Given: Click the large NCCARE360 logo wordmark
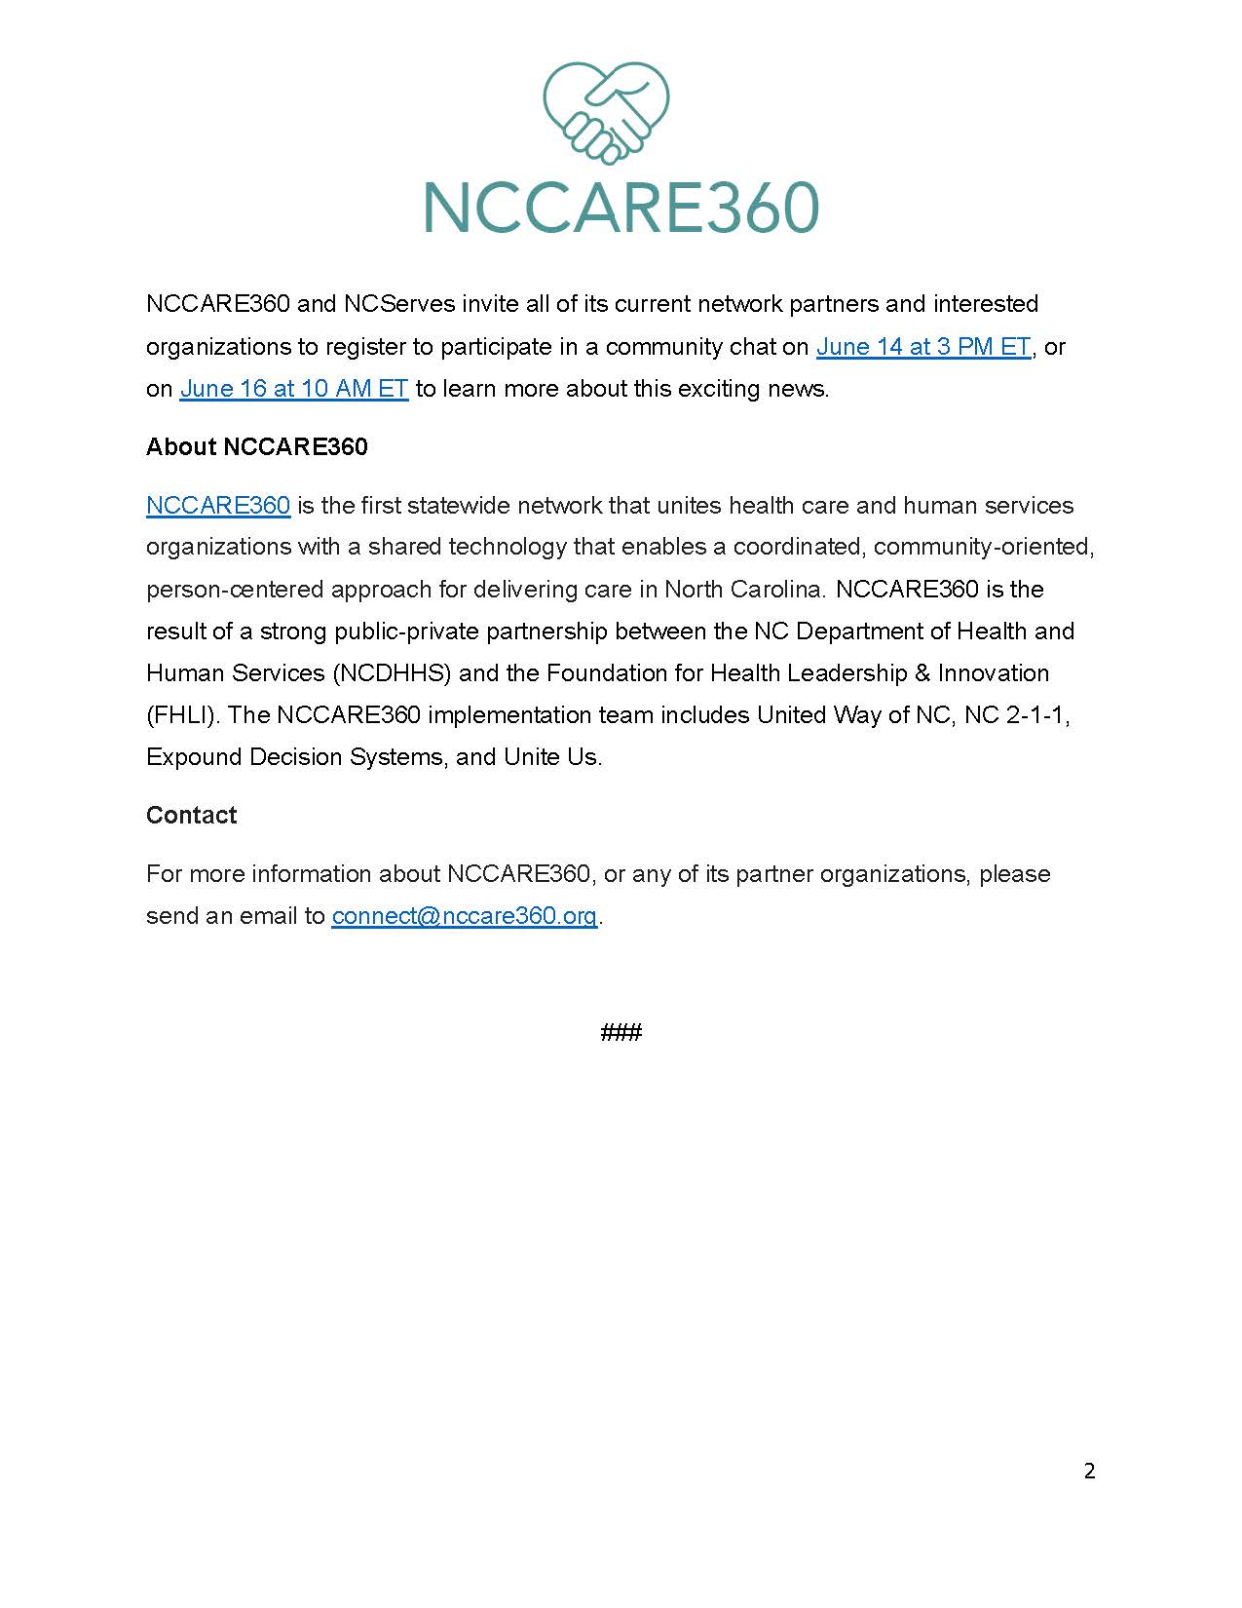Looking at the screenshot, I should [621, 207].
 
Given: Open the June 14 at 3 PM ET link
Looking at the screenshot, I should [922, 347].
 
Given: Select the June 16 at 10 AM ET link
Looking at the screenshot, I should [293, 389].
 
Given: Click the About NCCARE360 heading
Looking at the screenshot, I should [256, 447].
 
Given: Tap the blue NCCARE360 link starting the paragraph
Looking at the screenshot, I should [218, 506].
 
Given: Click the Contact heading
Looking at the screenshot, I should [191, 816].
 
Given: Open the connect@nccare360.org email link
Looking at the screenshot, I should [464, 916].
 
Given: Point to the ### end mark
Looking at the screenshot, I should [621, 1032].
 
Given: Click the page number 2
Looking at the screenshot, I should [1089, 1471].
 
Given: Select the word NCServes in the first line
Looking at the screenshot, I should [399, 304].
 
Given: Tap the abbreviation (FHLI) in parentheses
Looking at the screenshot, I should [183, 715].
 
